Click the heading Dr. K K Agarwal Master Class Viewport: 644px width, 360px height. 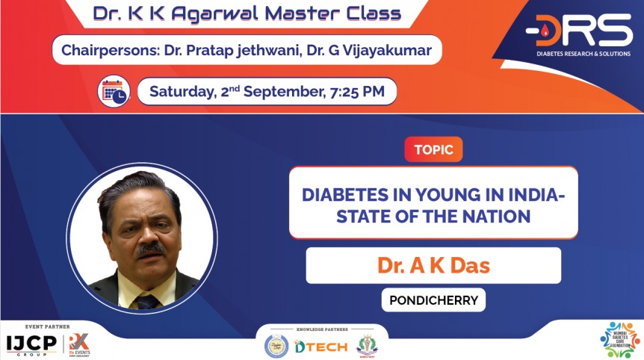(247, 13)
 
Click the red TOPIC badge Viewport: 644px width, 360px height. (433, 149)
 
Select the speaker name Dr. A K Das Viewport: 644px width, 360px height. (433, 266)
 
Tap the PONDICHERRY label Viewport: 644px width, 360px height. (433, 300)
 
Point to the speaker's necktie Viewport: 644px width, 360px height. (146, 300)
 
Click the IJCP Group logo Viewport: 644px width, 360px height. (31, 344)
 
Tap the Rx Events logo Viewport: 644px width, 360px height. (79, 344)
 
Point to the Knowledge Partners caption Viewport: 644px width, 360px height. (321, 328)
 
